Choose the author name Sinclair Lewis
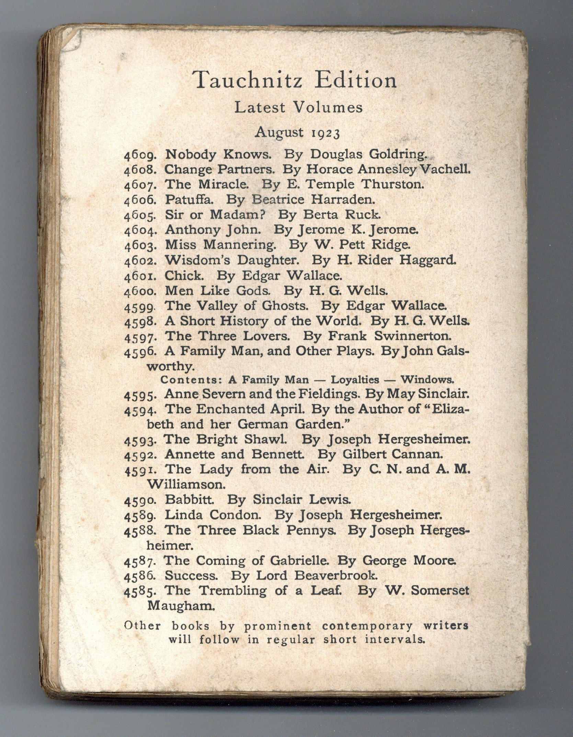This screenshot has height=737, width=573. tap(301, 499)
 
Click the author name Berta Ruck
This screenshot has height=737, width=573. tap(342, 215)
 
